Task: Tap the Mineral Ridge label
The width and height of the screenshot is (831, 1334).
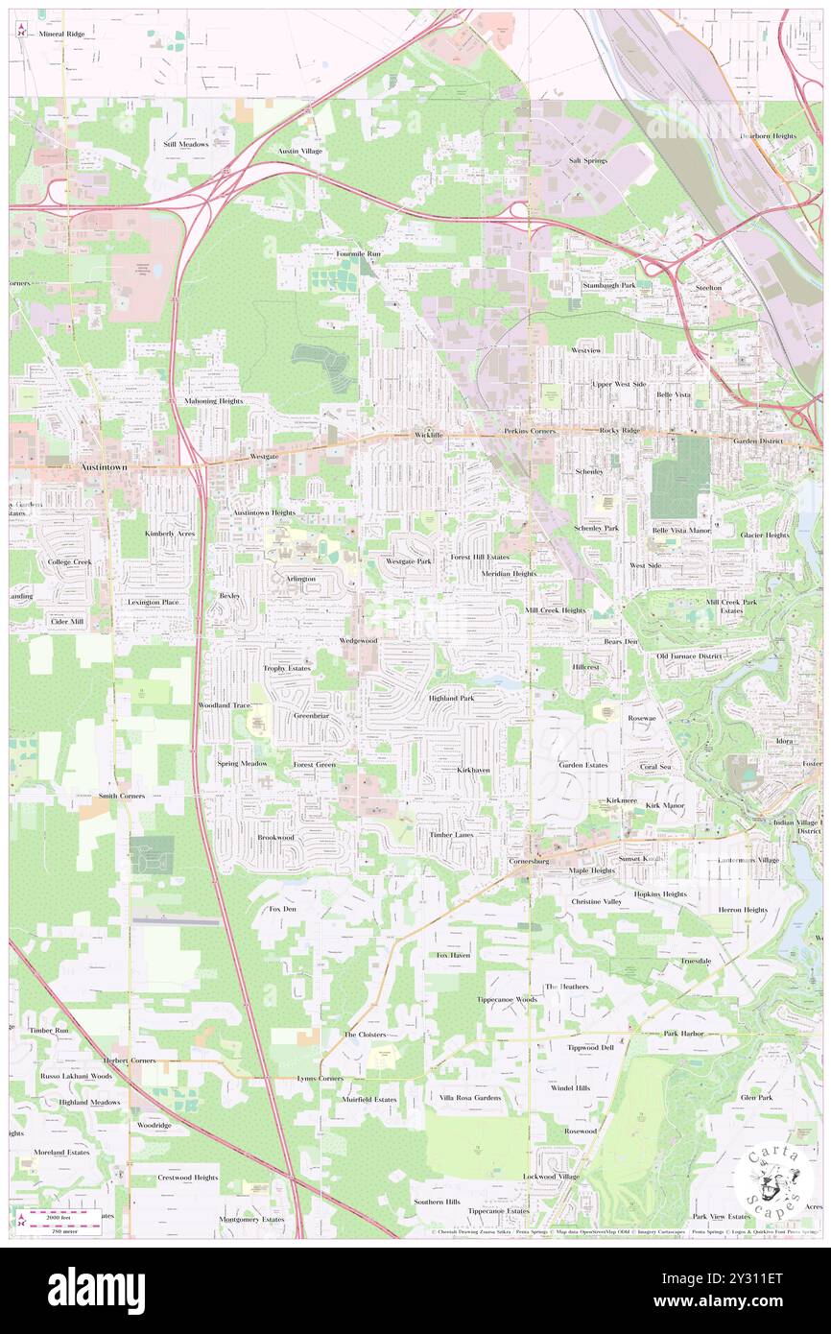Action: click(x=62, y=34)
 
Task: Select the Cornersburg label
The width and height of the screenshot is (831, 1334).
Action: click(x=529, y=862)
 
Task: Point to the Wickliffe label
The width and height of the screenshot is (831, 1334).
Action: click(x=429, y=435)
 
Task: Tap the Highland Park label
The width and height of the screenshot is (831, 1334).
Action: click(x=451, y=698)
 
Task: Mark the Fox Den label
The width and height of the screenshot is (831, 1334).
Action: click(x=282, y=908)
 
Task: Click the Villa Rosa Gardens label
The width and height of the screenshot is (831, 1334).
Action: click(x=470, y=1097)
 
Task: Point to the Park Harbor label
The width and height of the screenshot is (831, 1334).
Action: click(x=683, y=1034)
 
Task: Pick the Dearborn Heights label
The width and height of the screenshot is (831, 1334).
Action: click(x=768, y=136)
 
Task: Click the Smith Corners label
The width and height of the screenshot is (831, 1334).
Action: click(x=129, y=796)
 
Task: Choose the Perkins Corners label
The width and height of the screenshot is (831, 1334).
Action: click(x=530, y=432)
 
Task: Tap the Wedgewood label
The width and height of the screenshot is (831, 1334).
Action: click(x=358, y=640)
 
